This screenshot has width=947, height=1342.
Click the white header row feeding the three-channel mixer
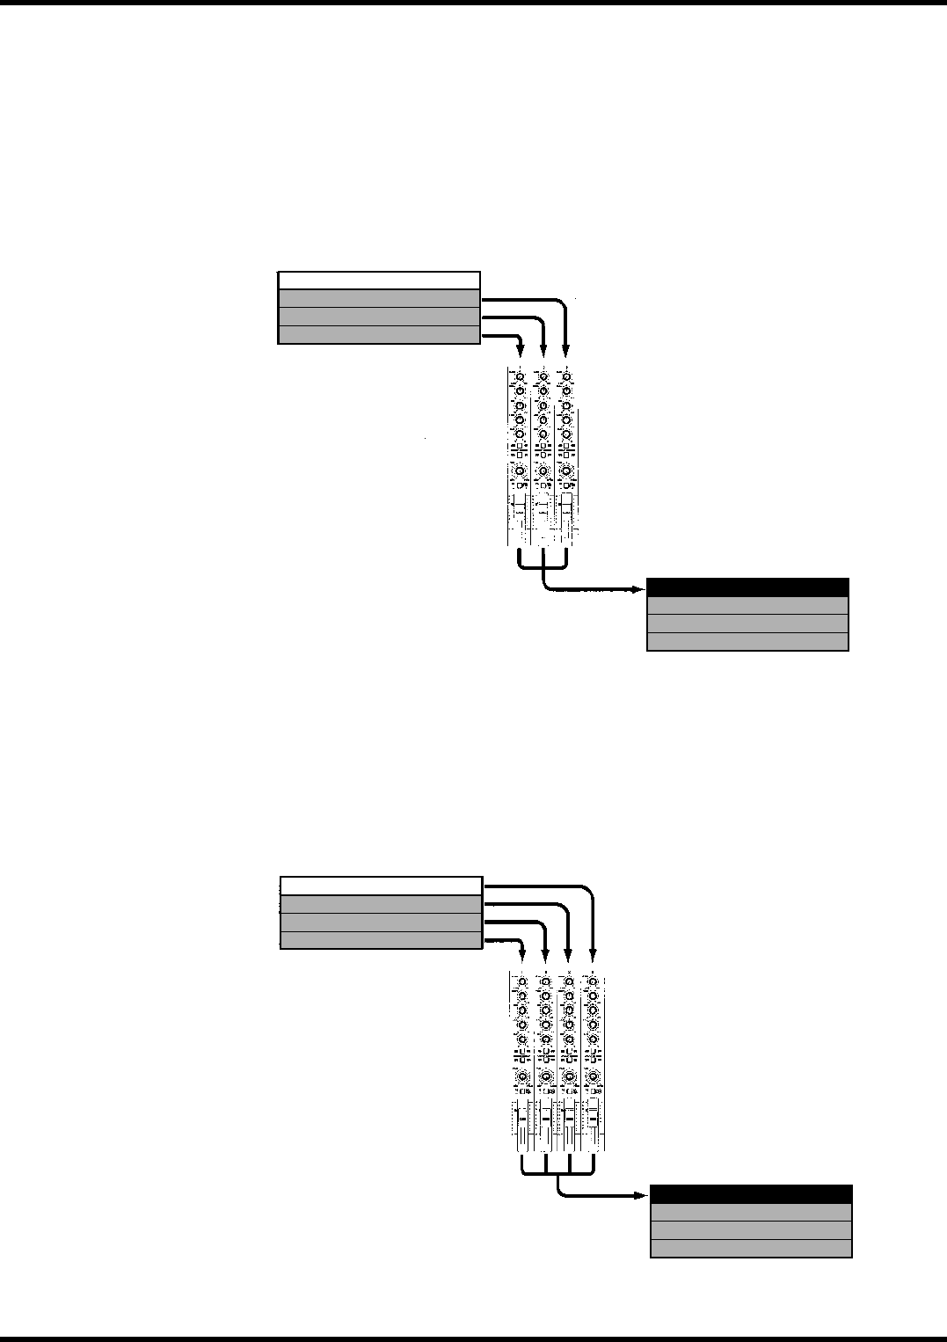(x=379, y=281)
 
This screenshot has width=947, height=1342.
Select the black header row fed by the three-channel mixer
(x=747, y=587)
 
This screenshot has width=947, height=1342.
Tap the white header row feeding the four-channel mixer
(x=381, y=886)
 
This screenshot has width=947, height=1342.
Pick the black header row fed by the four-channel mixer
(x=751, y=1193)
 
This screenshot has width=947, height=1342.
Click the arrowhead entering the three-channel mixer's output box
(x=638, y=590)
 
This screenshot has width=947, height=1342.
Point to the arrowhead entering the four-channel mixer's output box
(x=641, y=1196)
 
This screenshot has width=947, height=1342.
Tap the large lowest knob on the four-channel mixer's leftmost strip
(x=522, y=1077)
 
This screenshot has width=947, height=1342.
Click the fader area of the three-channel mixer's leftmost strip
(x=520, y=519)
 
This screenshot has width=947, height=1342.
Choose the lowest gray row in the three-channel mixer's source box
(x=379, y=334)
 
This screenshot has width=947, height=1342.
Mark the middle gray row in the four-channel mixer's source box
(x=381, y=922)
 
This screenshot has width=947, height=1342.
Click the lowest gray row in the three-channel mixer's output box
(x=747, y=641)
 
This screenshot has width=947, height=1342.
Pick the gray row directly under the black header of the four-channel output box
(x=751, y=1212)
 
